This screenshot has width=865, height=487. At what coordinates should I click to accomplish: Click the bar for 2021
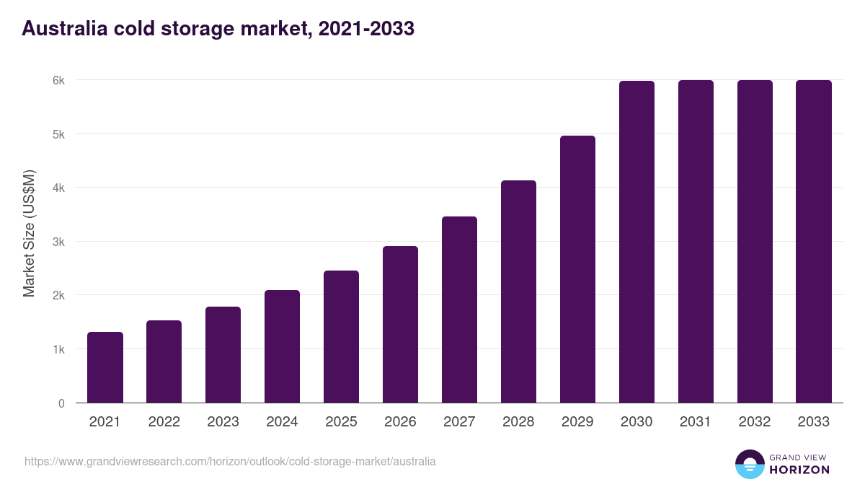[105, 367]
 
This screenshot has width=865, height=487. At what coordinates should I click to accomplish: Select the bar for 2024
[282, 346]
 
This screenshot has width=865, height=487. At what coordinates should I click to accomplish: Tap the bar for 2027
[459, 310]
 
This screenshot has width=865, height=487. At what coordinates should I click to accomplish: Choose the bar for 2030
[636, 242]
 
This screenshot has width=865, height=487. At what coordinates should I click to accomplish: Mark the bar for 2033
[814, 242]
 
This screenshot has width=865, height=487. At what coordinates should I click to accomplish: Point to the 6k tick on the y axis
[58, 80]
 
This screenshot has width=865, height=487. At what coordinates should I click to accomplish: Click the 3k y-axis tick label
[58, 242]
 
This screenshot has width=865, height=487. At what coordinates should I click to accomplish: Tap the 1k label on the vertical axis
[58, 349]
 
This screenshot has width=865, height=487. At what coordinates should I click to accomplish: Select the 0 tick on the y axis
[61, 403]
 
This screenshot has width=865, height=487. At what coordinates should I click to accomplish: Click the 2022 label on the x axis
[164, 422]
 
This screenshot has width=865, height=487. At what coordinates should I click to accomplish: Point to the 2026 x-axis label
[400, 422]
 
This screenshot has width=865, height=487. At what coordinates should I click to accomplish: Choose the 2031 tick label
[696, 422]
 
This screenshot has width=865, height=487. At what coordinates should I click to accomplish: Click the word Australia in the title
[63, 29]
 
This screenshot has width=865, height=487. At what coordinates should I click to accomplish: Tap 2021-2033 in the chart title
[367, 29]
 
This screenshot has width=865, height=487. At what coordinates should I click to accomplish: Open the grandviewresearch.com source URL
[230, 461]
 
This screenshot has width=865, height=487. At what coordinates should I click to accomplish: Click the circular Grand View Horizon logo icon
[749, 464]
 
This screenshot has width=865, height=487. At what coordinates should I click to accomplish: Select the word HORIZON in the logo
[799, 470]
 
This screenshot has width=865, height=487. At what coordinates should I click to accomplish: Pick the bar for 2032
[755, 242]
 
